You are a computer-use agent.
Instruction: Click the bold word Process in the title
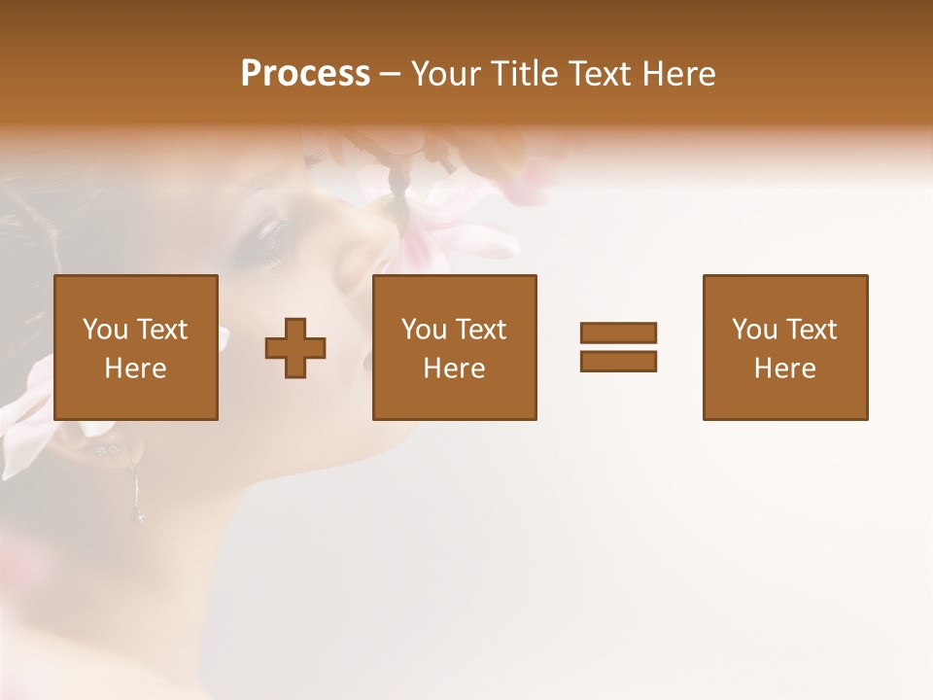coord(305,74)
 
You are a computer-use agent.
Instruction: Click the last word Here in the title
coord(678,74)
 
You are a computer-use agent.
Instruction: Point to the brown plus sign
coord(295,348)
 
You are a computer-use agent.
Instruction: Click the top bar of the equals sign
coord(618,332)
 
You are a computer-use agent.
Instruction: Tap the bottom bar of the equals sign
coord(618,361)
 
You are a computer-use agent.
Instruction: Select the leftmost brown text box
coord(136,347)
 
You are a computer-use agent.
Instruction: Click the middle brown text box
coord(454,347)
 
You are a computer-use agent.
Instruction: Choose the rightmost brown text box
coord(785,347)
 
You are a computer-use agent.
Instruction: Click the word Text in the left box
coord(162,330)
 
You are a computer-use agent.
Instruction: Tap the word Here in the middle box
coord(454,368)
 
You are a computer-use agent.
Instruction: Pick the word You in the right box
coord(755,330)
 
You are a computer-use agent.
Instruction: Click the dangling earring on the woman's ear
coord(138,491)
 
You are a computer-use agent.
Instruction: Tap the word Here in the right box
coord(785,368)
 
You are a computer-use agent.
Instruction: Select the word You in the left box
coord(106,330)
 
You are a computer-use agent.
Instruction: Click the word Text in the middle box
coord(481,330)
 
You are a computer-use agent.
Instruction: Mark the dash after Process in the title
coord(391,74)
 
